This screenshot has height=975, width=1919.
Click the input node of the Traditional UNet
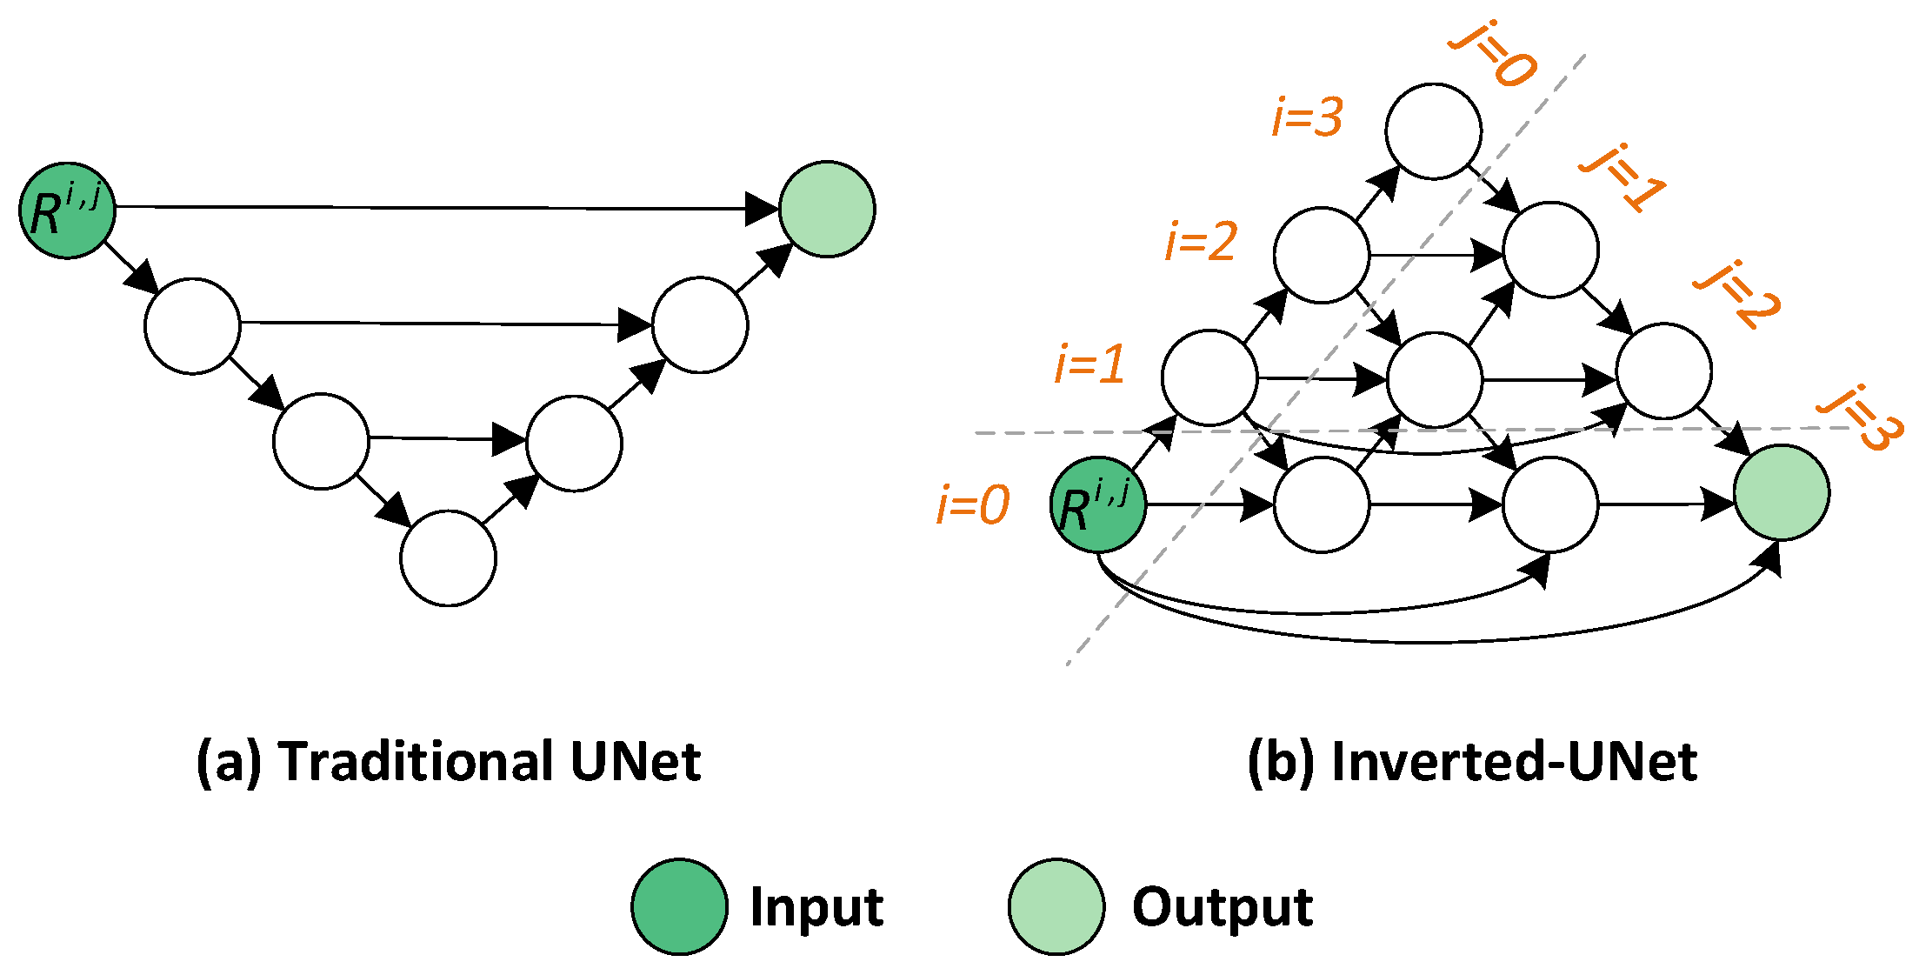point(68,210)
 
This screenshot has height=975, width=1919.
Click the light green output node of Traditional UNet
point(826,209)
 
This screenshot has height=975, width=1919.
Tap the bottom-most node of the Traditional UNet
point(448,558)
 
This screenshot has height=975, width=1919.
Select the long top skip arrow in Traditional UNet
point(435,208)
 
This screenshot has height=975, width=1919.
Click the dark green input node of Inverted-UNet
point(1098,504)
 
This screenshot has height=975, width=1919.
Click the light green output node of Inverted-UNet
point(1781,492)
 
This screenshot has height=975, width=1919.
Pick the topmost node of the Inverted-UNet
point(1433,131)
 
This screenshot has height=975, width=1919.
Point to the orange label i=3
point(1307,117)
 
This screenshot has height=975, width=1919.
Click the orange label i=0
point(973,504)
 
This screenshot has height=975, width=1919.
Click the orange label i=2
point(1201,241)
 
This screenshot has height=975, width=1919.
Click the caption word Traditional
point(416,762)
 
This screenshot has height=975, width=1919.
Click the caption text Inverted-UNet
point(1513,762)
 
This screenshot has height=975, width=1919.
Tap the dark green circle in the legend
point(679,907)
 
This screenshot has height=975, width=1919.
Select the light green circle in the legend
point(1056,907)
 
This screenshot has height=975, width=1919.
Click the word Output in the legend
point(1222,907)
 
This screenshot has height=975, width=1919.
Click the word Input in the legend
point(816,907)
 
